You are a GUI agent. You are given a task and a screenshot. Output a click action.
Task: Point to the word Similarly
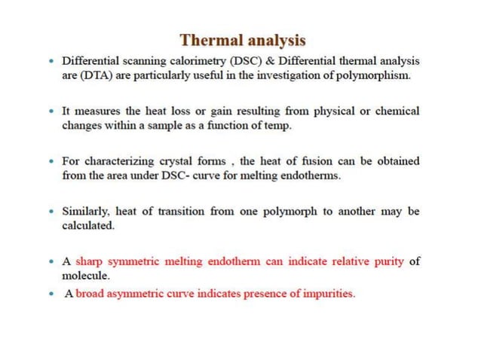click(x=87, y=212)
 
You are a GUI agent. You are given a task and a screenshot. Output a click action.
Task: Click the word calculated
click(x=87, y=225)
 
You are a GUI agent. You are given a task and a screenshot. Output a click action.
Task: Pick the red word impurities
click(x=323, y=294)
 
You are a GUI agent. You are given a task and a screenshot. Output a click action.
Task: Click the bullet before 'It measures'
click(x=51, y=111)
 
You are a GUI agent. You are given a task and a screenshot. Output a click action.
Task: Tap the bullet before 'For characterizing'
click(x=51, y=162)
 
